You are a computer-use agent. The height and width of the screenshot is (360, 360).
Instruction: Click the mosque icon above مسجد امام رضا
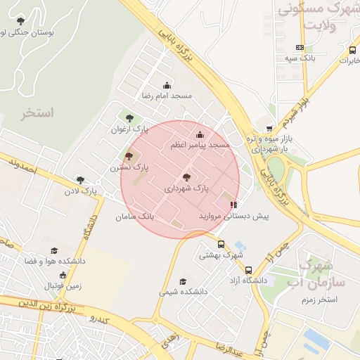[167, 85]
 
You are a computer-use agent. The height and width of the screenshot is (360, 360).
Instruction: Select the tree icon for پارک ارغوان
[129, 119]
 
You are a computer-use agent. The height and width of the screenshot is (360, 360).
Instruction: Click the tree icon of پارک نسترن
[128, 156]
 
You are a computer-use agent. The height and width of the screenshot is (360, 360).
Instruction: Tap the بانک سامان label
[135, 217]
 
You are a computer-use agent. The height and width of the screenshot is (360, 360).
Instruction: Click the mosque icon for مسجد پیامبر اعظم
[200, 134]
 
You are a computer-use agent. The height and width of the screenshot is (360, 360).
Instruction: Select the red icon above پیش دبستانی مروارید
[233, 205]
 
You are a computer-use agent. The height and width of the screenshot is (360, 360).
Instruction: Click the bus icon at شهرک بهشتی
[221, 244]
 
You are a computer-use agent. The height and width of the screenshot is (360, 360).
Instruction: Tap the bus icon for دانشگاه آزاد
[248, 269]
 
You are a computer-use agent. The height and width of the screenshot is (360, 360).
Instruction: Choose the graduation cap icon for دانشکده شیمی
[183, 281]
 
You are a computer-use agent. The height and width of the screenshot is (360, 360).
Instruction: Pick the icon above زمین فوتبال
[63, 275]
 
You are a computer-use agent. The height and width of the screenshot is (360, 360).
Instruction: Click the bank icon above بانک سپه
[300, 48]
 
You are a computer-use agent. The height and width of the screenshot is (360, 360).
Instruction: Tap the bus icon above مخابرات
[352, 50]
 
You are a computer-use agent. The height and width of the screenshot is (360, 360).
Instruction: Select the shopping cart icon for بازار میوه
[269, 129]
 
